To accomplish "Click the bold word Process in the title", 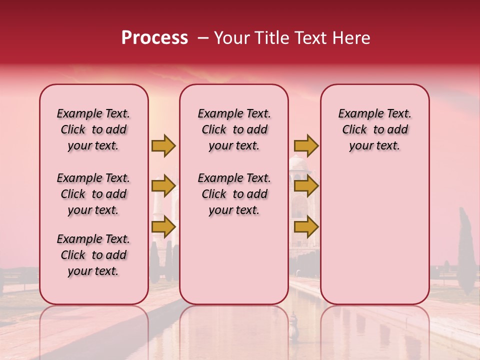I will click(154, 38).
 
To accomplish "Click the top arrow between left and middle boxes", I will click(163, 145).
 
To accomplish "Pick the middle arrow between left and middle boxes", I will click(163, 186).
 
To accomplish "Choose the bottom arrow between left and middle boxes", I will click(163, 226).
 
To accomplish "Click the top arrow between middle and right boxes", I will click(306, 145).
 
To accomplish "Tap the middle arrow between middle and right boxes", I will click(306, 186).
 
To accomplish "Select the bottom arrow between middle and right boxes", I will click(306, 226).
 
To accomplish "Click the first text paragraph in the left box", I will click(93, 129).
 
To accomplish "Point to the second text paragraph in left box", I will click(93, 194).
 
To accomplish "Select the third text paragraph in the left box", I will click(93, 255).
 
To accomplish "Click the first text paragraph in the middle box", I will click(234, 129).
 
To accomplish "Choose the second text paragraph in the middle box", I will click(234, 194).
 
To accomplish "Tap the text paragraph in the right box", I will click(374, 129).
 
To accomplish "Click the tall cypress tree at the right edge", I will click(466, 255).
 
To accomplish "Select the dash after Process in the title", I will click(203, 38).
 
